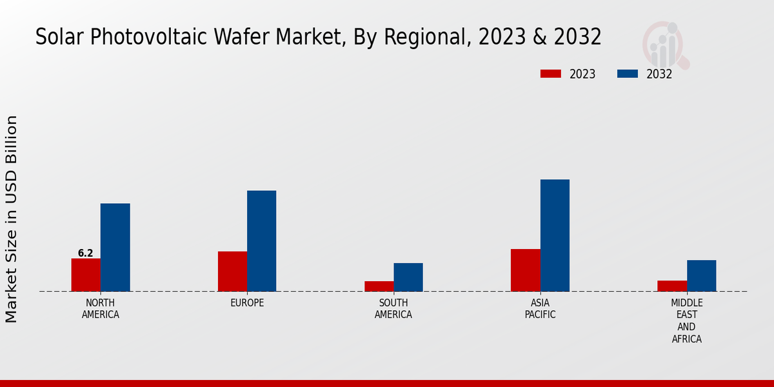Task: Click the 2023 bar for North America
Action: pos(86,275)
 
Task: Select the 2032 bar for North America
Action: pos(115,248)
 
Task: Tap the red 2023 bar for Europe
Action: pos(232,271)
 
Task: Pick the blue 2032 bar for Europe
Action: pos(261,241)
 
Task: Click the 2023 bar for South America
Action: pos(379,286)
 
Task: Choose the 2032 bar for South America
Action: pos(408,277)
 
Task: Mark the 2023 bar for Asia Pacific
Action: pos(525,270)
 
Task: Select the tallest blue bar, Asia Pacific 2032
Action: pos(555,235)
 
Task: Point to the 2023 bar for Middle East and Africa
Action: pos(672,286)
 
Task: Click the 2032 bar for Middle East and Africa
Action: pos(701,275)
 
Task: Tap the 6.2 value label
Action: pos(86,253)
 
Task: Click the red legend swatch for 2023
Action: pos(550,74)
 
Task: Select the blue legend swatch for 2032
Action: pos(627,74)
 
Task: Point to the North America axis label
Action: pos(101,309)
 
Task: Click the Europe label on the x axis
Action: pos(247,303)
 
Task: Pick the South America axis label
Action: pos(393,309)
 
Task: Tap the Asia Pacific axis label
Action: pos(540,309)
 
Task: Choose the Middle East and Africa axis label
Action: pos(686,321)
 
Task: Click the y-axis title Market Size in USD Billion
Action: pos(12,219)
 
